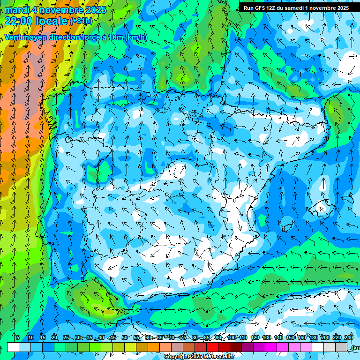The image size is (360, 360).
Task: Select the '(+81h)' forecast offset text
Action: point(81,21)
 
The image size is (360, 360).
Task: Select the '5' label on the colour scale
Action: point(18,338)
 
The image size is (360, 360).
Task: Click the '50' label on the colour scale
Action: point(124,338)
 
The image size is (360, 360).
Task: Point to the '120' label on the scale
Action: point(255,338)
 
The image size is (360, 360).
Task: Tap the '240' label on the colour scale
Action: point(349,338)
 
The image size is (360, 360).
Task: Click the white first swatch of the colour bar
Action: point(13,347)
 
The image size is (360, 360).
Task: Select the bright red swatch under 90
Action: point(212,347)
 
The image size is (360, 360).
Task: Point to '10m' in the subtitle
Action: point(115,37)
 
